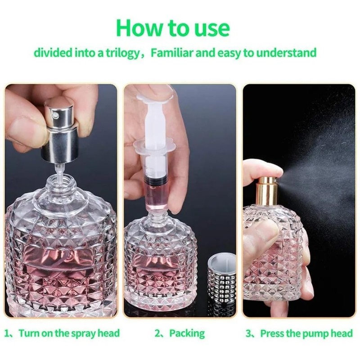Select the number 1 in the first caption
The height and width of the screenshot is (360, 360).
(x=7, y=333)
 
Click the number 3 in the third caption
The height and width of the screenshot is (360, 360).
(x=248, y=333)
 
